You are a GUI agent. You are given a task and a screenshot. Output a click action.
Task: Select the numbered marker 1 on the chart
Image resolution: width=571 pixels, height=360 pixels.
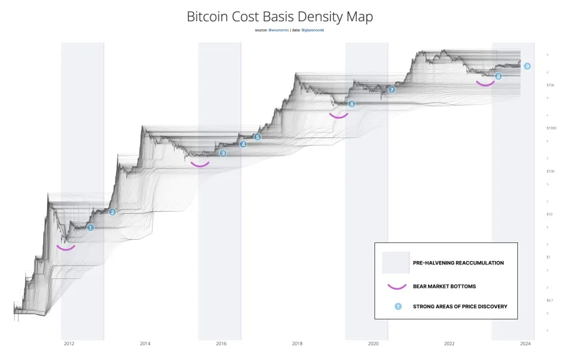91,227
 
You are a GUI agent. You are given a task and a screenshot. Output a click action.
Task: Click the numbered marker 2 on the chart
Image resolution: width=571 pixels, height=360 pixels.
112,212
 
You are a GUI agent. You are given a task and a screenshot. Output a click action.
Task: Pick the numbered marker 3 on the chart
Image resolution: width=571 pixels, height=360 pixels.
223,153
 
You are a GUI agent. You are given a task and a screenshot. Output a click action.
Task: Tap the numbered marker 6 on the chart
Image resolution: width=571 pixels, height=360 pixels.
351,104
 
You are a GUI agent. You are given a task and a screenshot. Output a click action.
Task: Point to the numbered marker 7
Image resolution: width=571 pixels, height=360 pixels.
391,90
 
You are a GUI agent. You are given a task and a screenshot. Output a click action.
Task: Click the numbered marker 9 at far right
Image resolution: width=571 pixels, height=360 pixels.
527,66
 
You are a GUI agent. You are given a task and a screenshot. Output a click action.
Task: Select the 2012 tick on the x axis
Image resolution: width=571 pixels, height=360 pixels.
68,343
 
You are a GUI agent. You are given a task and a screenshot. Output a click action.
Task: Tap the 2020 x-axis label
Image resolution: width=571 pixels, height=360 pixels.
373,343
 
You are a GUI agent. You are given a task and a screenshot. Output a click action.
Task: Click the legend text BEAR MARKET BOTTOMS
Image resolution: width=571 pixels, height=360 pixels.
444,286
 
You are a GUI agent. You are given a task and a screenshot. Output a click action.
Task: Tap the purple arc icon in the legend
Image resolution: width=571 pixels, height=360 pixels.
397,287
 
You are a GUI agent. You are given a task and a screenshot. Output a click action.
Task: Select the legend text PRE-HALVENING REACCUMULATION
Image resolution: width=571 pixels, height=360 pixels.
458,263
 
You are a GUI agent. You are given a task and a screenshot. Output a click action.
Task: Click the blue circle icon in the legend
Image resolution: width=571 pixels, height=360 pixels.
398,306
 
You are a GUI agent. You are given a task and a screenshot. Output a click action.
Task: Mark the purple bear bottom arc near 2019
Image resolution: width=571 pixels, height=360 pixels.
339,116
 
